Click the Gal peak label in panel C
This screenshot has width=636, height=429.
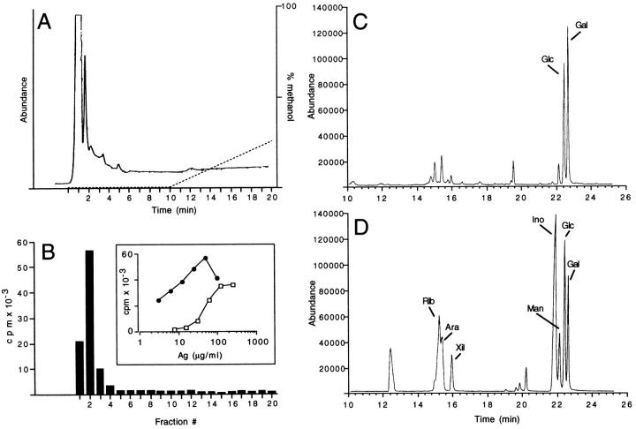(581, 24)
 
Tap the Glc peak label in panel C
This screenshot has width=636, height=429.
(549, 59)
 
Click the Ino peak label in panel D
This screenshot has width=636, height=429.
(538, 218)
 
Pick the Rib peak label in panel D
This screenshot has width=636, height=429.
(428, 300)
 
